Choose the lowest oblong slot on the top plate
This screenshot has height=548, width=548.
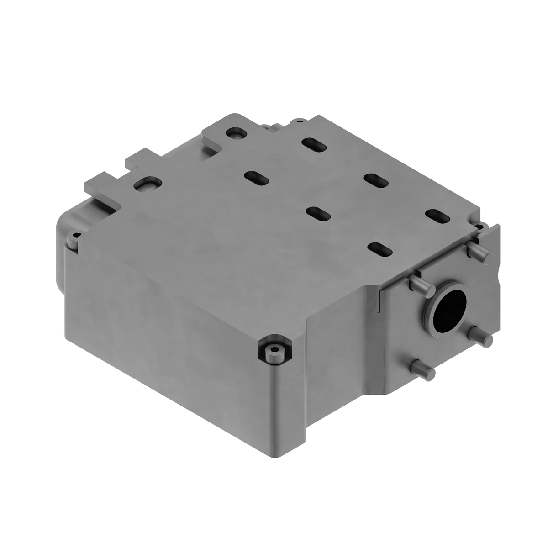tap(380, 249)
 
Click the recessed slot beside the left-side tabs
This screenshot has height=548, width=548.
tap(147, 184)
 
